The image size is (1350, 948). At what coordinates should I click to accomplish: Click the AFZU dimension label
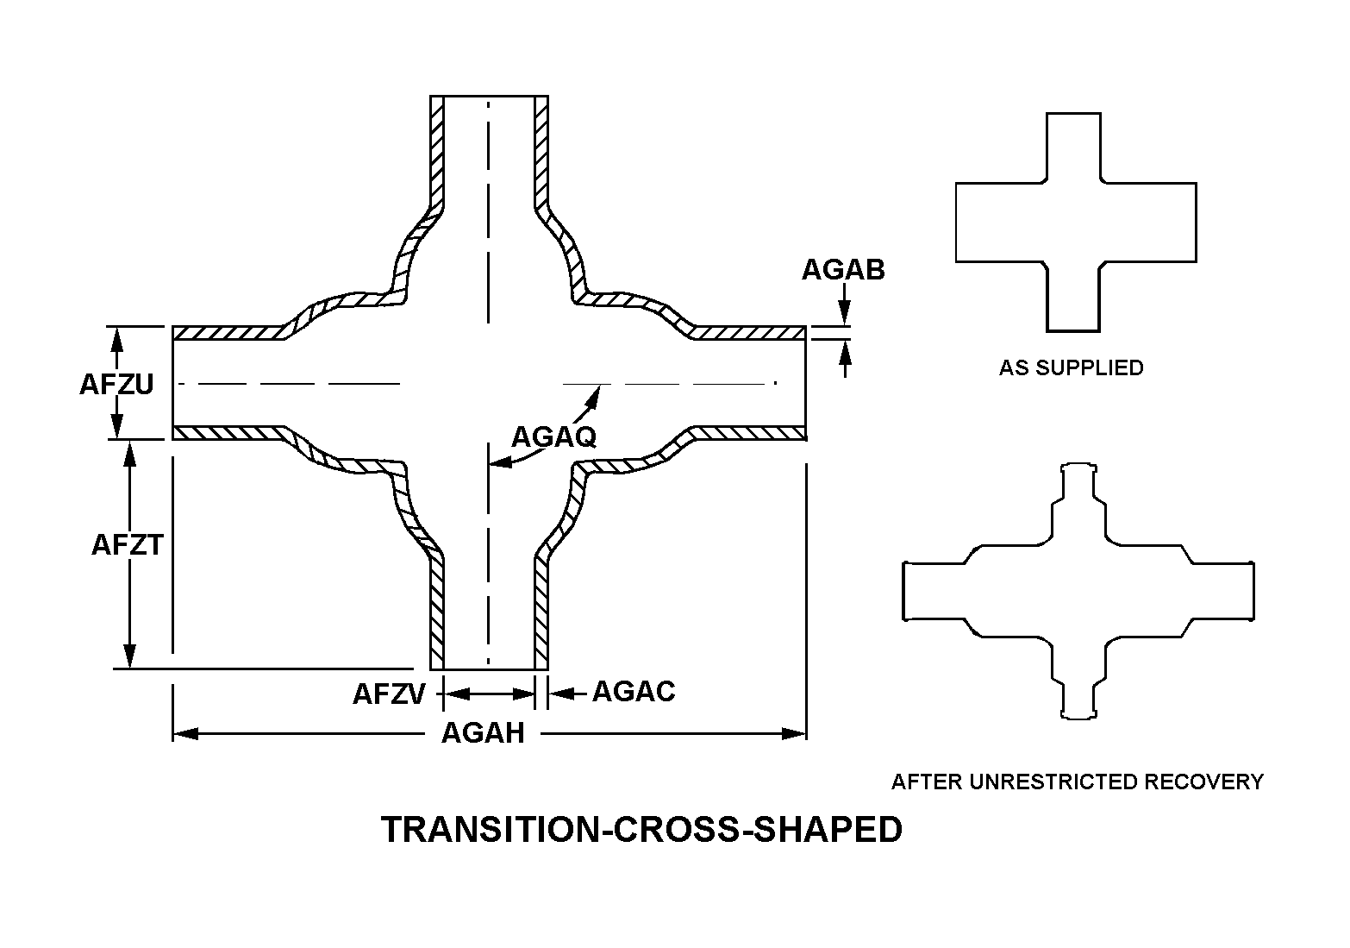[x=116, y=384]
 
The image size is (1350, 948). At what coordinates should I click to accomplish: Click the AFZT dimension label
[x=127, y=545]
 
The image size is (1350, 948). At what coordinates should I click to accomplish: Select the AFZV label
[x=389, y=694]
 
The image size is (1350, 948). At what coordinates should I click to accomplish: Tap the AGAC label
[x=634, y=691]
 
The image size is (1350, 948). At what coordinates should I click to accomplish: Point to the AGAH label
[x=483, y=733]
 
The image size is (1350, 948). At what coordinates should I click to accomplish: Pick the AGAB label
[x=843, y=270]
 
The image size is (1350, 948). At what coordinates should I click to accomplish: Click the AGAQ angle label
[x=553, y=436]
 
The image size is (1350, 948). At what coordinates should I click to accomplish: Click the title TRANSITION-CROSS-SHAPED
[x=642, y=829]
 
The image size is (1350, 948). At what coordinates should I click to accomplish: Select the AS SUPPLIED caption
[x=1071, y=367]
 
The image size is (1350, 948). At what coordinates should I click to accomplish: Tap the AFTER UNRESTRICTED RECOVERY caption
[x=1077, y=782]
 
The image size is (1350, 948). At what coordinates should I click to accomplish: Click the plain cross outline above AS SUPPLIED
[x=1075, y=222]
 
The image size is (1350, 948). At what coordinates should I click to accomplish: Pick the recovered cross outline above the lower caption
[x=1078, y=591]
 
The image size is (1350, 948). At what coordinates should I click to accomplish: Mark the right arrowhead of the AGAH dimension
[x=795, y=734]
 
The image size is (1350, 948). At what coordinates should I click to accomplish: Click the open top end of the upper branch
[x=489, y=96]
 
